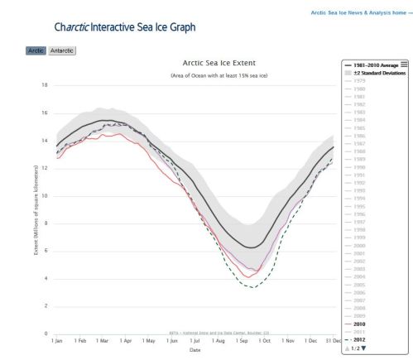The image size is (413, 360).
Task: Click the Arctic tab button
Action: [36, 50]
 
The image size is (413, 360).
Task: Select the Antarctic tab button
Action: [62, 50]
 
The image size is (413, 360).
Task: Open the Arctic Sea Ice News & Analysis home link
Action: [359, 13]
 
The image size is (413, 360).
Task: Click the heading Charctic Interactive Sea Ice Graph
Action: [125, 27]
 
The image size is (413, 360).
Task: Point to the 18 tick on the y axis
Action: [45, 85]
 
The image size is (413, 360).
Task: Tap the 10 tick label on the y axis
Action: [45, 196]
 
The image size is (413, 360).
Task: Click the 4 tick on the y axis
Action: [46, 279]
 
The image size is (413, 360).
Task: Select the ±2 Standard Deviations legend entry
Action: [377, 73]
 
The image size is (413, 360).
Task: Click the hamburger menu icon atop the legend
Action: [404, 64]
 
